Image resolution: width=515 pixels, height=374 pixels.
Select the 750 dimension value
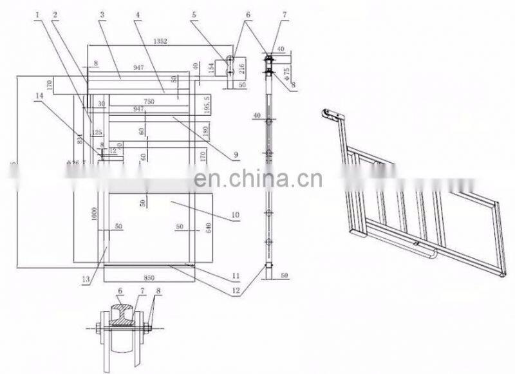149,102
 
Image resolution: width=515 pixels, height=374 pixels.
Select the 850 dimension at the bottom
148,278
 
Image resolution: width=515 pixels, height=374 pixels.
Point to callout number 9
236,154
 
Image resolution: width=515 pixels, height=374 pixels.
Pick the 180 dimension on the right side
205,131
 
